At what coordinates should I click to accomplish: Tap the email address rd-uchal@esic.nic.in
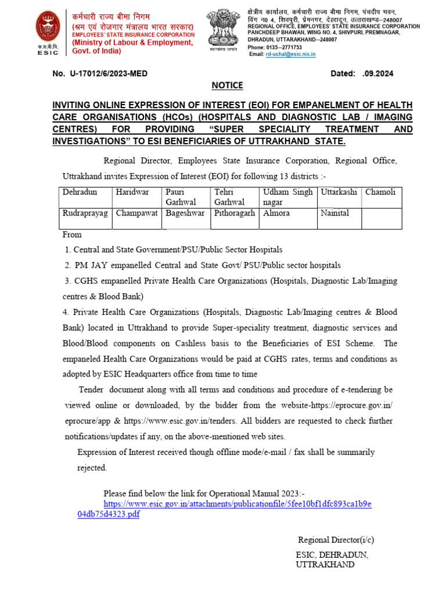tap(290, 54)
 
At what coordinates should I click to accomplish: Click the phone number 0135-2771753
tap(285, 47)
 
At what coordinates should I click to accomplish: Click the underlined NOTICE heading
tap(227, 85)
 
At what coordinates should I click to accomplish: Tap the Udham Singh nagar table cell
tap(287, 197)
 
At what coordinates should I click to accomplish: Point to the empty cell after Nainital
tap(381, 218)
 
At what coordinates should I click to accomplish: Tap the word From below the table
tap(72, 235)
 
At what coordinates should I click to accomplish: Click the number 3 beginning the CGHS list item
tap(67, 281)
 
